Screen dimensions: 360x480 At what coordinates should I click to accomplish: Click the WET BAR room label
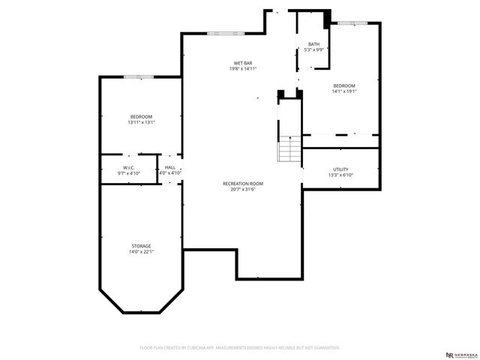pyautogui.click(x=243, y=62)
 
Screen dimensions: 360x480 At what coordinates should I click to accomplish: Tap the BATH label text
pyautogui.click(x=313, y=44)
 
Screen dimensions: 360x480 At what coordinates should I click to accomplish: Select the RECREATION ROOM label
pyautogui.click(x=243, y=184)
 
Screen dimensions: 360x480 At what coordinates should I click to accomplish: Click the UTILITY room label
pyautogui.click(x=340, y=169)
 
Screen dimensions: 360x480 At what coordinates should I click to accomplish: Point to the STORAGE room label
pyautogui.click(x=141, y=246)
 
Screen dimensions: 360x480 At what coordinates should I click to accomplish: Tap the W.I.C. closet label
pyautogui.click(x=129, y=167)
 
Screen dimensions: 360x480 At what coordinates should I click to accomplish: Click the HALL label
pyautogui.click(x=170, y=167)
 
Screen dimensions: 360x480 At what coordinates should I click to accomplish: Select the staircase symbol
pyautogui.click(x=289, y=150)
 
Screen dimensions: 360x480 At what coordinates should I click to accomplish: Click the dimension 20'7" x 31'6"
pyautogui.click(x=243, y=190)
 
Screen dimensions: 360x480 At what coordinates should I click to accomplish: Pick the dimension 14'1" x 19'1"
pyautogui.click(x=344, y=91)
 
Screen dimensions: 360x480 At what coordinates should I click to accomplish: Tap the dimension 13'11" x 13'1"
pyautogui.click(x=141, y=122)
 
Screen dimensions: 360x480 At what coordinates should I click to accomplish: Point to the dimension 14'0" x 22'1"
pyautogui.click(x=141, y=252)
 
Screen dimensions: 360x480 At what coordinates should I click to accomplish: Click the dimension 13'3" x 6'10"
pyautogui.click(x=340, y=175)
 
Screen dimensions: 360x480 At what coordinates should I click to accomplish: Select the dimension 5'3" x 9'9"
pyautogui.click(x=313, y=50)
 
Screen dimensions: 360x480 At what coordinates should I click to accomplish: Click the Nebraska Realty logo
pyautogui.click(x=459, y=354)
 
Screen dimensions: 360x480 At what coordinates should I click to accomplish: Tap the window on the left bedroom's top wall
pyautogui.click(x=139, y=76)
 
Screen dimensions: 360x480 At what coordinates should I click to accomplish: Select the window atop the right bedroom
pyautogui.click(x=351, y=23)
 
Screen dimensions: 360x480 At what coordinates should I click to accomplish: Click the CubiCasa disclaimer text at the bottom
pyautogui.click(x=240, y=348)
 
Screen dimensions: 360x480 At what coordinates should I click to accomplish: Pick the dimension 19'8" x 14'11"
pyautogui.click(x=243, y=68)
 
